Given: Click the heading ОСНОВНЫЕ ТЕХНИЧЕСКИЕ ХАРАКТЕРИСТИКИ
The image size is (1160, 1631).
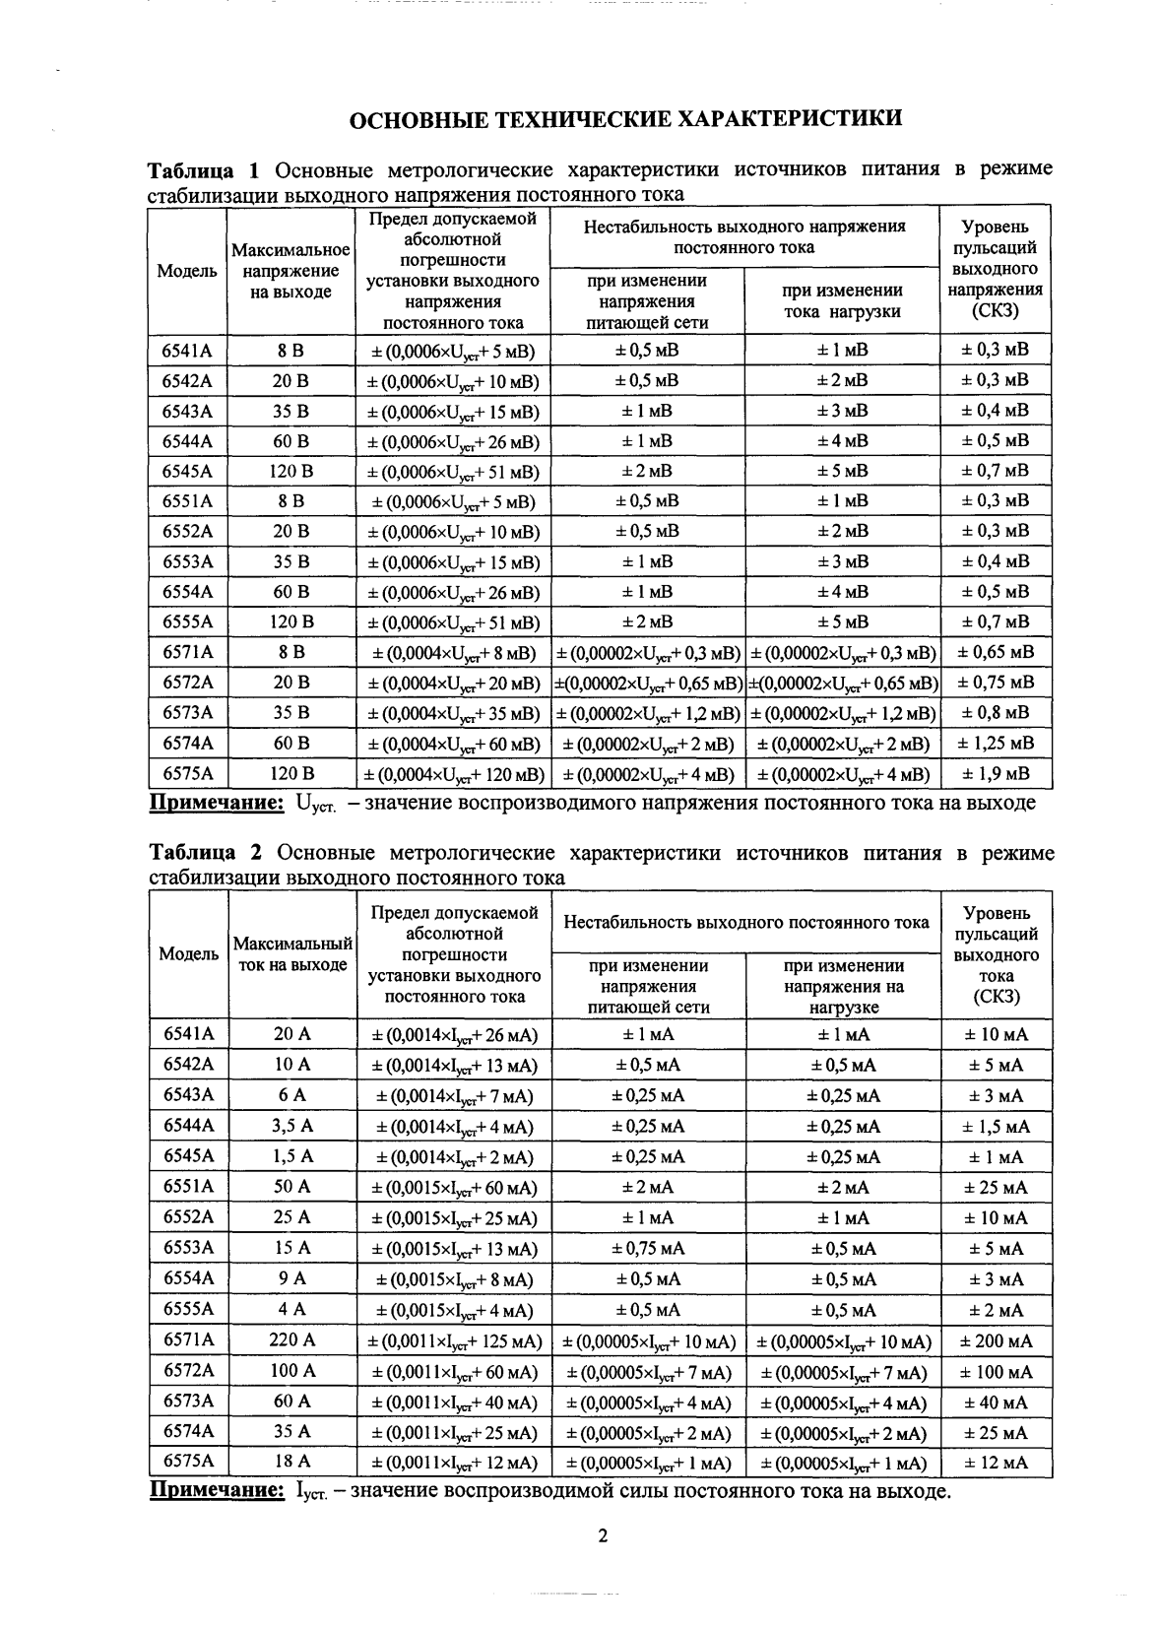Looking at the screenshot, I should click(x=626, y=120).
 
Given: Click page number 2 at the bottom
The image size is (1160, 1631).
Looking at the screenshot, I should click(x=604, y=1535).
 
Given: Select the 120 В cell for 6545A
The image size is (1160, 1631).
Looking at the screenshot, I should click(x=291, y=471).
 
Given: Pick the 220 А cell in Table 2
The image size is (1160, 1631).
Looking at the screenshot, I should click(x=291, y=1340).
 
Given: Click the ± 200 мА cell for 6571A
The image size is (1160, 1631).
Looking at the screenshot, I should click(x=997, y=1340).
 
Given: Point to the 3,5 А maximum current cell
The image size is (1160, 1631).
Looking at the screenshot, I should click(x=291, y=1126).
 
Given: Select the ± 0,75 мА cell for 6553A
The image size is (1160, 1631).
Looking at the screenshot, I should click(x=648, y=1249).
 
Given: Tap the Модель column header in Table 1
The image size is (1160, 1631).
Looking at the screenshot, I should click(x=187, y=271).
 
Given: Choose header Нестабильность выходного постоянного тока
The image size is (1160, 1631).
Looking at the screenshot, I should click(x=746, y=923).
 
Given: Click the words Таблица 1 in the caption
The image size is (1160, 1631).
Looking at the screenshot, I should click(x=204, y=169).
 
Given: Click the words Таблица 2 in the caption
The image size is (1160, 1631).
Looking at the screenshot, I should click(x=205, y=853).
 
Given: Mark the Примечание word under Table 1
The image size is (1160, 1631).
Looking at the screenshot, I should click(x=216, y=804).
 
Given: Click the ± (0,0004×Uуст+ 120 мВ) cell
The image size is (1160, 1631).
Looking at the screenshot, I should click(x=453, y=774).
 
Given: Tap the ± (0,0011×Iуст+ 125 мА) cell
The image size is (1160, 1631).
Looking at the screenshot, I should click(x=454, y=1341).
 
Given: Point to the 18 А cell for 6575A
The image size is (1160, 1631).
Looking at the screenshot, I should click(x=291, y=1463).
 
